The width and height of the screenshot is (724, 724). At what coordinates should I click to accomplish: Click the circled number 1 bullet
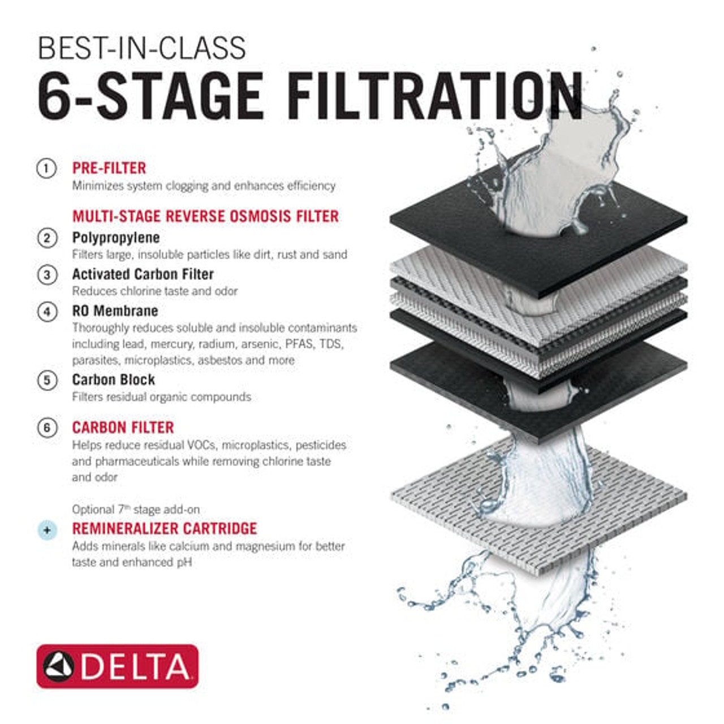46,169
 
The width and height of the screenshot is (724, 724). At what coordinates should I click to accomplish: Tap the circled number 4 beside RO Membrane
47,312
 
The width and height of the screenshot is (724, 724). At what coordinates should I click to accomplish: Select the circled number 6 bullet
47,428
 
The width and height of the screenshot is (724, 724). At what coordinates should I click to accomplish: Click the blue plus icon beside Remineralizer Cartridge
47,530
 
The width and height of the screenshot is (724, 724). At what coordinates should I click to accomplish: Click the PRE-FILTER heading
109,168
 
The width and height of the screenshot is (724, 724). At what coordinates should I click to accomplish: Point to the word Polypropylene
116,238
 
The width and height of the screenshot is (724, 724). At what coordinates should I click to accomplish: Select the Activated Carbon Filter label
143,274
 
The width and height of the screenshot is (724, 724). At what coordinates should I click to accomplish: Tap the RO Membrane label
115,311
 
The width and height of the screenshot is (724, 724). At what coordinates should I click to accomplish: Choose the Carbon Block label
113,380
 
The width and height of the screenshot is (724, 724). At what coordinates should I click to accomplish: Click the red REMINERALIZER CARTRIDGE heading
164,529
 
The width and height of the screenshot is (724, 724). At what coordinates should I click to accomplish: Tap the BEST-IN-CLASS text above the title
141,49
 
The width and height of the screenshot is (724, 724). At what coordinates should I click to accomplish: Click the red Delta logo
117,666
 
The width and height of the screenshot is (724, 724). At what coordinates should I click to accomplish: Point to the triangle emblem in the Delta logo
59,666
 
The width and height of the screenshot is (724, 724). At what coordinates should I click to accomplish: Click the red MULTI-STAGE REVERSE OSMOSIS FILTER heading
205,216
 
